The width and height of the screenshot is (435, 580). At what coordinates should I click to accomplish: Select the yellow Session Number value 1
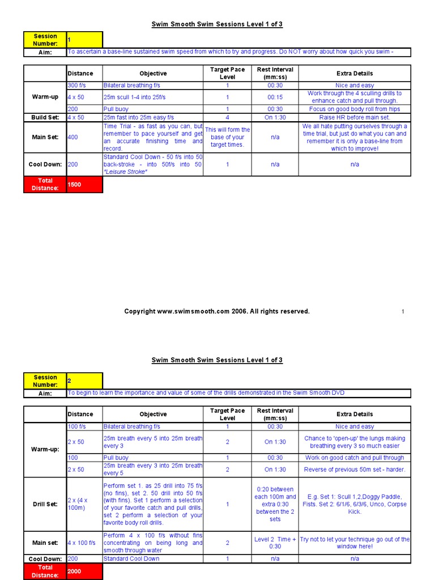(x=84, y=40)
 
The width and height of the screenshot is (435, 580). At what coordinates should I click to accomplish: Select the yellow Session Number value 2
(x=84, y=381)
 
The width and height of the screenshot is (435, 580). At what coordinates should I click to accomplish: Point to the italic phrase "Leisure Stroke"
(x=125, y=172)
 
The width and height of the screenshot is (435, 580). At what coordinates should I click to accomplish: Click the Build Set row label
(x=45, y=117)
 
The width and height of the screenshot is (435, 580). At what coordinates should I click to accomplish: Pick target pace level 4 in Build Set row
(x=227, y=117)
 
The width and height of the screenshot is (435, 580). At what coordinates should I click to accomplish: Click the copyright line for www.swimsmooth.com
(x=217, y=312)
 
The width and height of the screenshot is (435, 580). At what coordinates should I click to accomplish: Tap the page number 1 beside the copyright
(x=403, y=312)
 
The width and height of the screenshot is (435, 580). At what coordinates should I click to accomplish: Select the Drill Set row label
(x=45, y=504)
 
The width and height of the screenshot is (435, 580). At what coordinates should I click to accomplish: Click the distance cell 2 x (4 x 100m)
(x=83, y=504)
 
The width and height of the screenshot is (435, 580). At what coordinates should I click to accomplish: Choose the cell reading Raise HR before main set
(x=355, y=117)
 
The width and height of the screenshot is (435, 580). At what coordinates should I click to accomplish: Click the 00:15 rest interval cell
(x=275, y=97)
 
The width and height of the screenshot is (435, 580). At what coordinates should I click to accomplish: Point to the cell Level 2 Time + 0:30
(x=275, y=543)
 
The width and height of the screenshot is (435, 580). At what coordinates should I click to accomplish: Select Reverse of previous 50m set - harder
(x=355, y=470)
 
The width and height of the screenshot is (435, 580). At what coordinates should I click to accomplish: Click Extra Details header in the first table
(x=355, y=74)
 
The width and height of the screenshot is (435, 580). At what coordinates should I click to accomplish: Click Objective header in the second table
(x=153, y=414)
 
